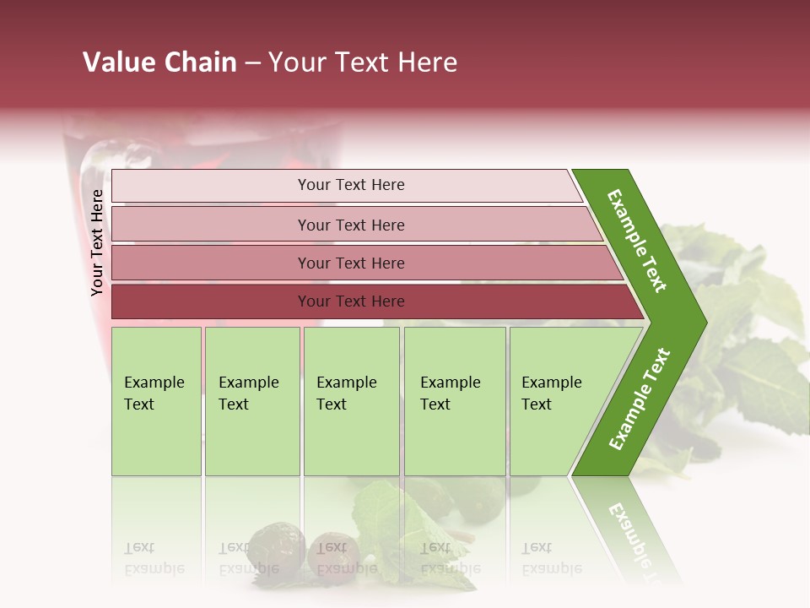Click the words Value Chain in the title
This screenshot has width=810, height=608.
[x=159, y=62]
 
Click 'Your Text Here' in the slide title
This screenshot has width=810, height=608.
[x=363, y=62]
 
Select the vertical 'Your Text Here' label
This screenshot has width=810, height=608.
[x=98, y=242]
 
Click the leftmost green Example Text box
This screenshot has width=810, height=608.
[x=156, y=401]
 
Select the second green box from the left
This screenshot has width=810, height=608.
[x=251, y=401]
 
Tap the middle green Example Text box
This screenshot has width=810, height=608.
[x=351, y=401]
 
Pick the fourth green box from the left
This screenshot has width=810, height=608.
[x=455, y=401]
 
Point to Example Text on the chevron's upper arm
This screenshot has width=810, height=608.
[x=637, y=241]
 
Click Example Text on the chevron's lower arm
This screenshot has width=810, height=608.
[x=640, y=399]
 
